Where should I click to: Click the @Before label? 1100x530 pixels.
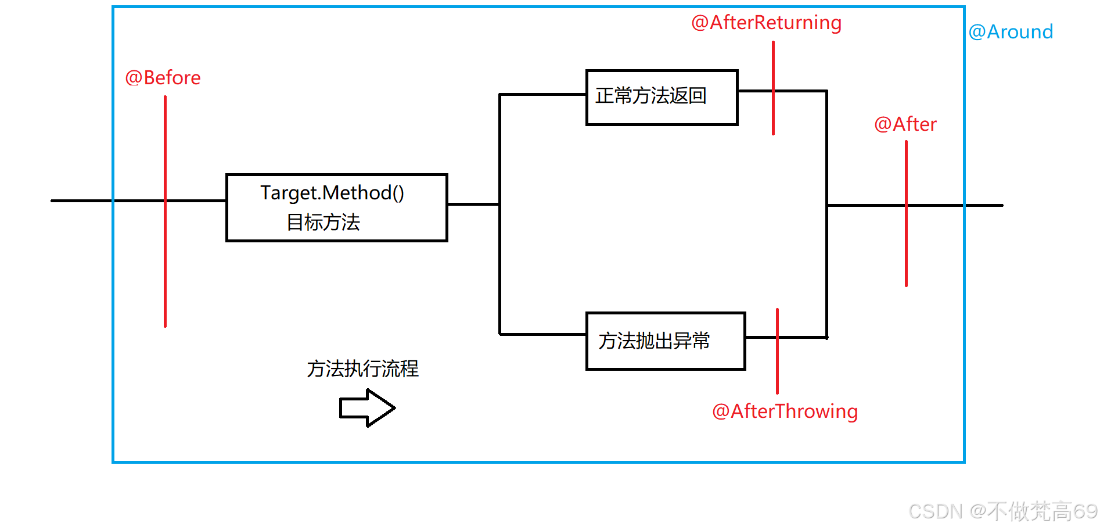coord(163,78)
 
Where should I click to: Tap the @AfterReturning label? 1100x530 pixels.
coord(766,23)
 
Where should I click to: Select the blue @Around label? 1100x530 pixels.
coord(1011,32)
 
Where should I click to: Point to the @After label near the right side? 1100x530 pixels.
coord(905,124)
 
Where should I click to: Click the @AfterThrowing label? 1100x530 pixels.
coord(785,411)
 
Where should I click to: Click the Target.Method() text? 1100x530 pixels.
coord(332,193)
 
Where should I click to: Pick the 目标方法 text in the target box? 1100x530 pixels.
coord(323,223)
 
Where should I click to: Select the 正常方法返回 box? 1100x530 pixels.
coord(662,98)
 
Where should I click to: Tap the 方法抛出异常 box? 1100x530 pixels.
coord(666,341)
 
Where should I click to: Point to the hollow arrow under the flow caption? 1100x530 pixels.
coord(367,408)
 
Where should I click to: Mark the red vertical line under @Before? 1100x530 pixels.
coord(166,262)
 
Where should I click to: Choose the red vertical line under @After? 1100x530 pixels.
coord(906,250)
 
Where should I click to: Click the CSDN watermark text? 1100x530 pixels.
coord(1002,511)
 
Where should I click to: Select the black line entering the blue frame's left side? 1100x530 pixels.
coord(81,200)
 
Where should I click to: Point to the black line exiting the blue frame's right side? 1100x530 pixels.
coord(984,205)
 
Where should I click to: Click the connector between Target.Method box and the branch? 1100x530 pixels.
coord(473,204)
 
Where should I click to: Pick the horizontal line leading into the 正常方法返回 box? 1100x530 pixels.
coord(542,94)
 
